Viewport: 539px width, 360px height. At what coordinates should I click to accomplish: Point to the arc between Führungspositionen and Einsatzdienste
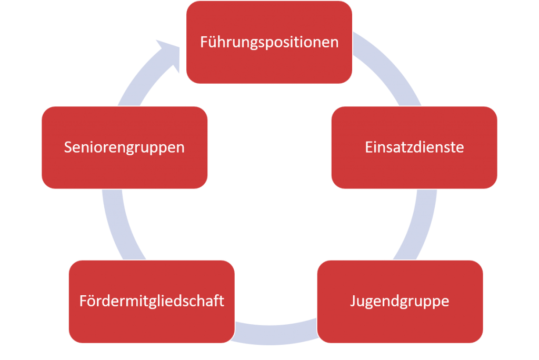(390, 68)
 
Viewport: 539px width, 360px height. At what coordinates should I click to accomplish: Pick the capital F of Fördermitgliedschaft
(83, 301)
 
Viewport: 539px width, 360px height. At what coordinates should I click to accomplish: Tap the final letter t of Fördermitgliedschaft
(222, 301)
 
